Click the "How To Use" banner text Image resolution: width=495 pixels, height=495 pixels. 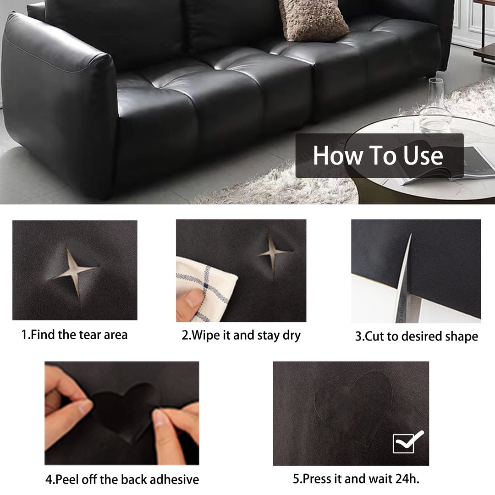[x=378, y=155]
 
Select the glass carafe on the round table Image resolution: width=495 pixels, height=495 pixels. [x=434, y=107]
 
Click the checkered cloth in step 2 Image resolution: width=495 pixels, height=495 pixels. [x=206, y=286]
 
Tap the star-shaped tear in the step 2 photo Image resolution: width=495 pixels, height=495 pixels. [x=274, y=253]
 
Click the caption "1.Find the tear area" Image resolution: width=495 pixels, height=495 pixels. [x=74, y=335]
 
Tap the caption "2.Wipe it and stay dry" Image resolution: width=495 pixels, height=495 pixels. [x=241, y=335]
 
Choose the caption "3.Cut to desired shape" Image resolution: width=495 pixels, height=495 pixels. [x=416, y=336]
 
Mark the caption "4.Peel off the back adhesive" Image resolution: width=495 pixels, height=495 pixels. [x=122, y=479]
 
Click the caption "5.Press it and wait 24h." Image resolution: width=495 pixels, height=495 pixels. [x=356, y=479]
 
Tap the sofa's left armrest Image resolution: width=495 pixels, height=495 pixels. [x=60, y=101]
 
